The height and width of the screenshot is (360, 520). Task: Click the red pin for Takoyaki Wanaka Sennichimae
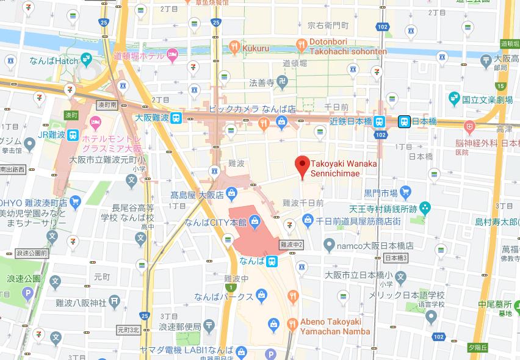pyautogui.click(x=300, y=165)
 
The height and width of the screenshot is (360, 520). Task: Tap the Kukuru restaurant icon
pyautogui.click(x=234, y=46)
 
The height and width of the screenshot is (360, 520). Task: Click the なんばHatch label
pyautogui.click(x=54, y=60)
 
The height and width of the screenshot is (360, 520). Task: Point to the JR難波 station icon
pyautogui.click(x=73, y=134)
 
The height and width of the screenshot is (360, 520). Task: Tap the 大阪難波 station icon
pyautogui.click(x=176, y=118)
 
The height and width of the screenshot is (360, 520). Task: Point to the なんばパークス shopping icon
pyautogui.click(x=261, y=296)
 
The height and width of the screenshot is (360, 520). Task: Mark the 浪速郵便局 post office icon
pyautogui.click(x=209, y=325)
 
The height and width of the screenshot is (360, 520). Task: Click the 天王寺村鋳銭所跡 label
pyautogui.click(x=383, y=209)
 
